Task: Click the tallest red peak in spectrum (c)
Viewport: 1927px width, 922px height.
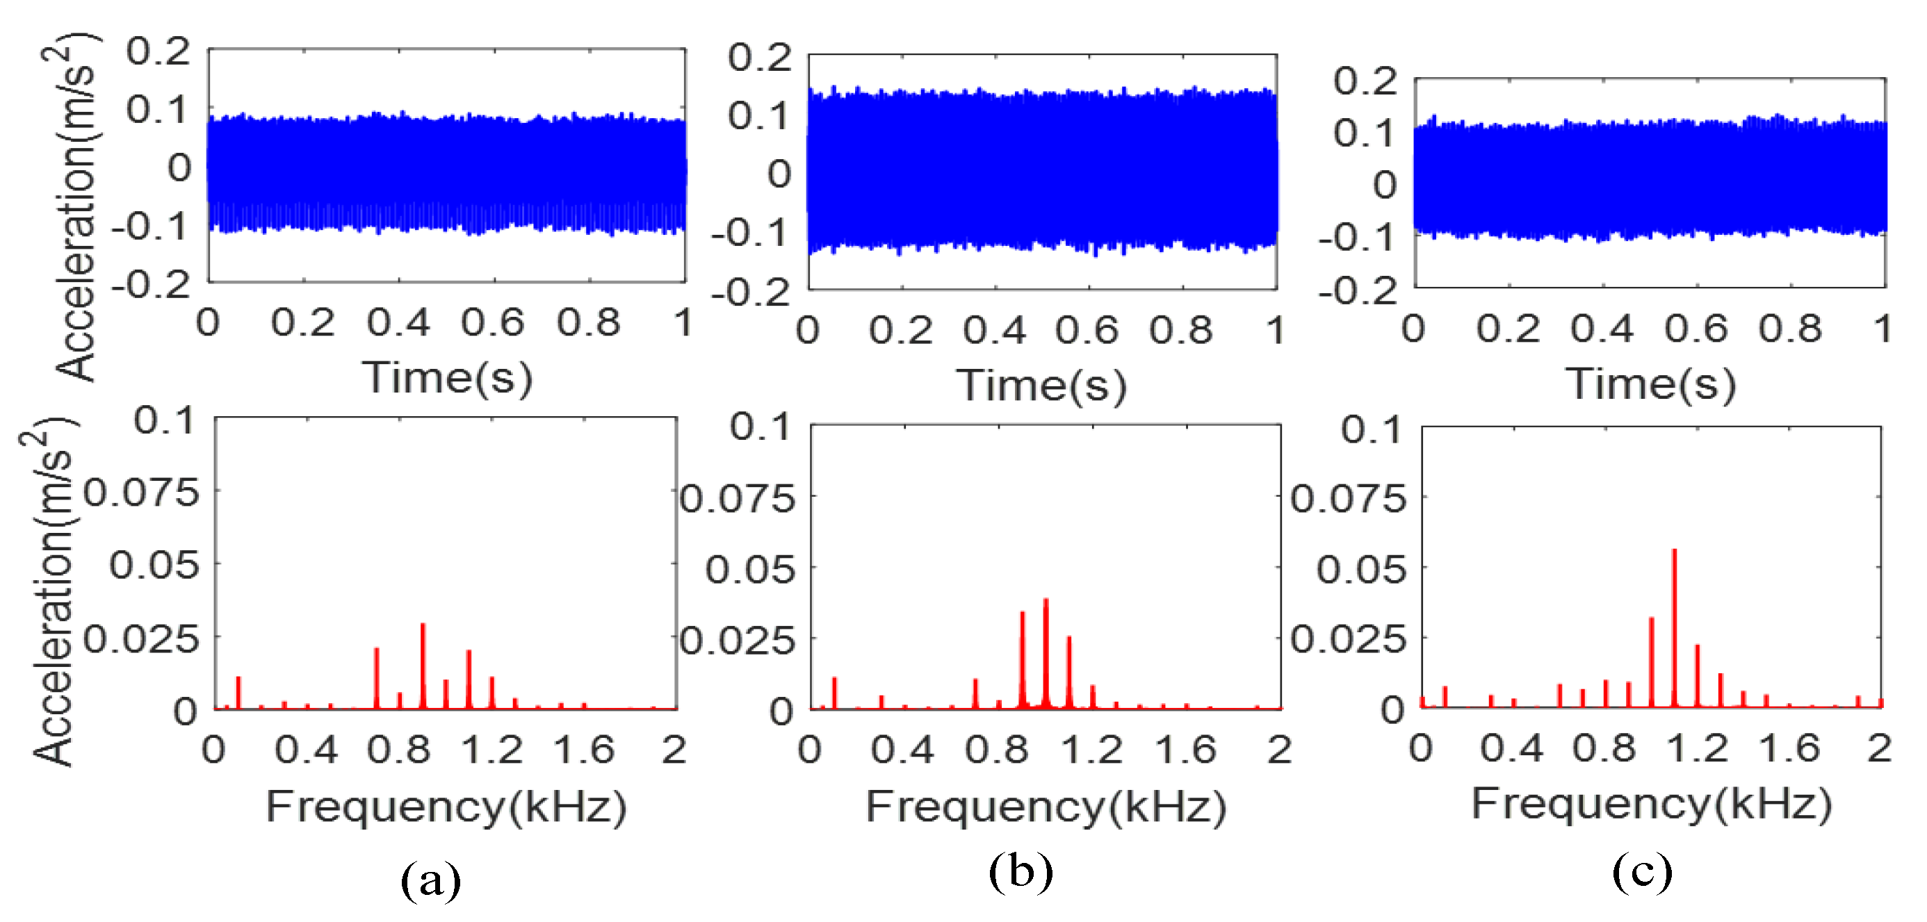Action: [x=1673, y=553]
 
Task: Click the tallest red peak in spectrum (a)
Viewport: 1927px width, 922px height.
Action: [x=423, y=627]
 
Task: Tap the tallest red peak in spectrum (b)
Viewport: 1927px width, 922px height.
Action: [x=1045, y=602]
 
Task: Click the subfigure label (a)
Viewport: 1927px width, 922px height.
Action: [x=430, y=880]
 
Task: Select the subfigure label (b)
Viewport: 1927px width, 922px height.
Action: [x=1021, y=872]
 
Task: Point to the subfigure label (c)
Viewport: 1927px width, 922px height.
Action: [x=1642, y=872]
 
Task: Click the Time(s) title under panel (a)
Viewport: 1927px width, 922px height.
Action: [x=448, y=377]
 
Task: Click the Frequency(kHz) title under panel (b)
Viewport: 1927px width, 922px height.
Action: [x=1046, y=807]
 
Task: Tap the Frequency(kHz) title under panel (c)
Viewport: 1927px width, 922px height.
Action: [x=1652, y=804]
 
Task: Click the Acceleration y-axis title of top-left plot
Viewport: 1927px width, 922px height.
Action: [x=75, y=207]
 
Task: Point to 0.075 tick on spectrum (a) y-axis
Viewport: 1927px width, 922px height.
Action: [x=140, y=493]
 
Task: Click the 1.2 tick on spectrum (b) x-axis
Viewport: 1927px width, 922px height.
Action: [x=1091, y=749]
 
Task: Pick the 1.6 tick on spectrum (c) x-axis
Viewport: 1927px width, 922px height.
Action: [x=1789, y=748]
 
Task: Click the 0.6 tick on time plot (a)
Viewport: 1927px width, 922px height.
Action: [x=492, y=323]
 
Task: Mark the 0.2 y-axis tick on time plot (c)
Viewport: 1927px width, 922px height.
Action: [x=1365, y=81]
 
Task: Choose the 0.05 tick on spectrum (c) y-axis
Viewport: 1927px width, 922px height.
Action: [x=1360, y=570]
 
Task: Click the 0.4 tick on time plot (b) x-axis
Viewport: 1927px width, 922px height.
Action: [x=994, y=331]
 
